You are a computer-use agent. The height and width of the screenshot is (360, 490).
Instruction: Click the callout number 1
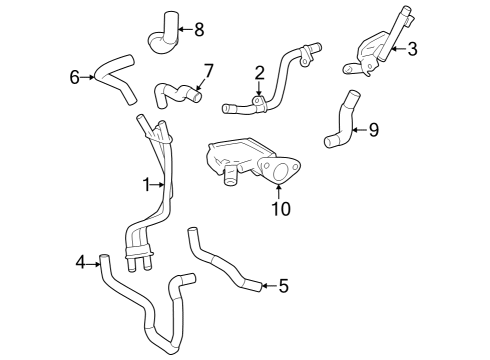(146, 184)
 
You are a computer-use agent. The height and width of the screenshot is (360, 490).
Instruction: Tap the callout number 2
(259, 72)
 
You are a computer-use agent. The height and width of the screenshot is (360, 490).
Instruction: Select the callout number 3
(411, 47)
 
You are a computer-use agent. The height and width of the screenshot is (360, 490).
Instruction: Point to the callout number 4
(81, 263)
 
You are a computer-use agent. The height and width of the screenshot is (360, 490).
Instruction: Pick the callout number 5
(284, 287)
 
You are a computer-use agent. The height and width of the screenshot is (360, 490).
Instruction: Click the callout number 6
(74, 77)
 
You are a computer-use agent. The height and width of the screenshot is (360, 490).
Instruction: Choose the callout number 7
(207, 71)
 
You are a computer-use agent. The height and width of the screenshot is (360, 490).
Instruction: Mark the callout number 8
(198, 27)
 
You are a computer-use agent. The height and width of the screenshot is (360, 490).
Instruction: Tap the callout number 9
(373, 130)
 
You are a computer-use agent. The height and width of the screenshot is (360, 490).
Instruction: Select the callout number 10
(280, 208)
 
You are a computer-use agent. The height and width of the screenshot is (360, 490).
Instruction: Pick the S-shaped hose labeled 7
(176, 95)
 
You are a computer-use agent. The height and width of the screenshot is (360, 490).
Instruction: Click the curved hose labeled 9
(340, 122)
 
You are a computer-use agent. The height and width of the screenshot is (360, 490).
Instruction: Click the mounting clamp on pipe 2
(258, 102)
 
